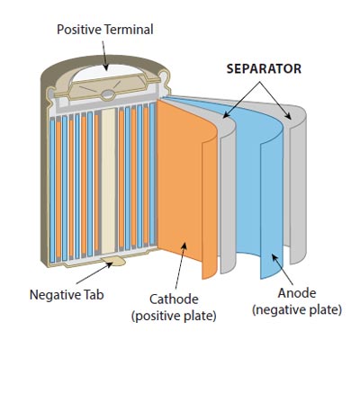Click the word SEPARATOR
point(264,69)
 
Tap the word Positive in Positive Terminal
point(79,30)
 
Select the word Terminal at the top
point(129,30)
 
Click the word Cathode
point(174,299)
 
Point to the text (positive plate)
point(174,316)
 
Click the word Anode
point(297,293)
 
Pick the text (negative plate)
point(297,309)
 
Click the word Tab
point(94,295)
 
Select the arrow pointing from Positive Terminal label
point(104,56)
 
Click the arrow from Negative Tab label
point(94,273)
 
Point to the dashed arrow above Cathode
point(181,266)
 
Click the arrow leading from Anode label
point(282,269)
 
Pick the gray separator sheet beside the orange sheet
point(229,195)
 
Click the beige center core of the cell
point(108,182)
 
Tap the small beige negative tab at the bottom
point(113,261)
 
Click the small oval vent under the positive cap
point(108,95)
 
